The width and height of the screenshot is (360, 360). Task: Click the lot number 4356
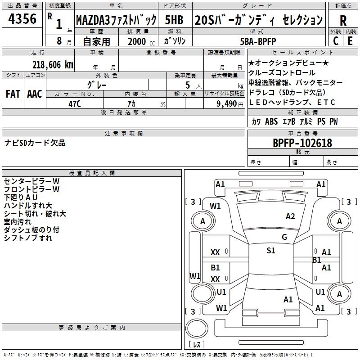tap(22, 19)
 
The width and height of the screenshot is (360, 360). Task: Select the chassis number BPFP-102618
tap(302, 143)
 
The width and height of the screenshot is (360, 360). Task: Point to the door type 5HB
tap(175, 20)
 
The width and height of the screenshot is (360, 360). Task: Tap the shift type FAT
tap(13, 94)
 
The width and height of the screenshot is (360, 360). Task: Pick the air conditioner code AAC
tap(34, 94)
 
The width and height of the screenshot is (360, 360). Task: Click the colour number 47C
tap(74, 103)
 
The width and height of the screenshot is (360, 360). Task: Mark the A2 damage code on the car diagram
tap(290, 216)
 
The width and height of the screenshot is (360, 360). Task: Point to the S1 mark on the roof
tap(270, 251)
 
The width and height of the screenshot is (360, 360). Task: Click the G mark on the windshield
tap(284, 237)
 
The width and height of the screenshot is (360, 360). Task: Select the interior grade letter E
tap(350, 40)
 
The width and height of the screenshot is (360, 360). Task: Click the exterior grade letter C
tap(336, 40)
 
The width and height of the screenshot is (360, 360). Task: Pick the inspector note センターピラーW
tap(31, 181)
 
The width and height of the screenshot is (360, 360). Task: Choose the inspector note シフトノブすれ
tap(28, 238)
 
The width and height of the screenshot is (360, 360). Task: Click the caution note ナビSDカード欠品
tap(35, 143)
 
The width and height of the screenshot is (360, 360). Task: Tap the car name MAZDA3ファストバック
tap(116, 20)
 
